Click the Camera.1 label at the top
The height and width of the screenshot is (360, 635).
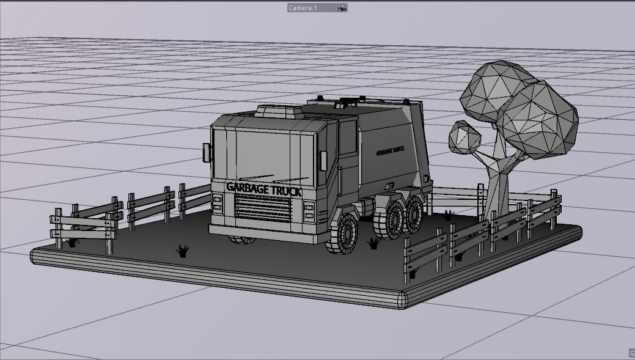(x=303, y=8)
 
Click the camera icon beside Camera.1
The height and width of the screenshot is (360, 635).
(x=342, y=8)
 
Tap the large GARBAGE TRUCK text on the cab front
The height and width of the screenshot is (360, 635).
(x=263, y=189)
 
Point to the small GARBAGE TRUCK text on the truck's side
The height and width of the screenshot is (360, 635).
(x=391, y=149)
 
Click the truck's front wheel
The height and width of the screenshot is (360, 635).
(x=344, y=233)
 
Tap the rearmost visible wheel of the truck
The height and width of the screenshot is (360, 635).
(x=416, y=214)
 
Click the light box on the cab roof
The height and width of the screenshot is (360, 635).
(x=279, y=111)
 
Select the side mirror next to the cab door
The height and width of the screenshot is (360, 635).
(x=323, y=160)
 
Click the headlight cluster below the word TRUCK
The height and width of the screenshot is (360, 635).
(x=309, y=211)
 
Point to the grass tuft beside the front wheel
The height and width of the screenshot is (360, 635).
(x=373, y=244)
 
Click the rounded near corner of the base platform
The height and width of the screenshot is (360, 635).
(x=403, y=300)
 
